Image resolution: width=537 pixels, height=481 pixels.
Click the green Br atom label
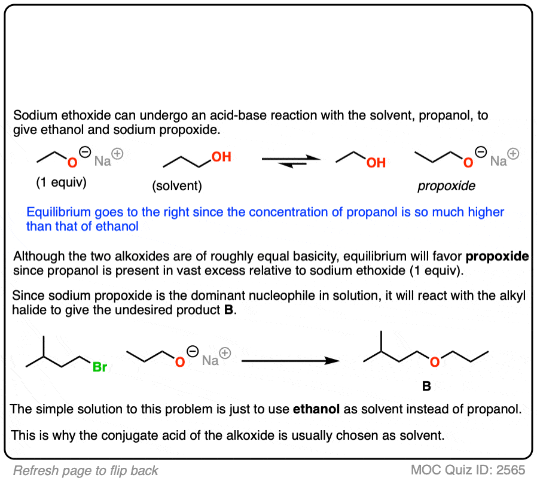coord(100,367)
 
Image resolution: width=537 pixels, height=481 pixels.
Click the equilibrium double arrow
coord(291,162)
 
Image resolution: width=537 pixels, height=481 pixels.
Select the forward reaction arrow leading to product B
coord(291,360)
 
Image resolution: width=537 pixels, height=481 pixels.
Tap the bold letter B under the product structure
coord(426,386)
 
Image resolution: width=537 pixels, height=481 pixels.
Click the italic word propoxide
coord(446,185)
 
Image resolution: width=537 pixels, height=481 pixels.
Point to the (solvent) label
coord(177,185)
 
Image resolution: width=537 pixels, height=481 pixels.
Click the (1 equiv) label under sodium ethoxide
coord(62,182)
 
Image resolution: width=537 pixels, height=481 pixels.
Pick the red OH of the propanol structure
coord(221,157)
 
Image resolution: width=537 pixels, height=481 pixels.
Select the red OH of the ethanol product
coord(376,163)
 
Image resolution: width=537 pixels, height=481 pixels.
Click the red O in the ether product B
coord(435,362)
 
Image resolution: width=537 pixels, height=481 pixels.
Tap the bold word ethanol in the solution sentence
coord(316,409)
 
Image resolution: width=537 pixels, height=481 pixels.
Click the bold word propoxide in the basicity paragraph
coord(497,256)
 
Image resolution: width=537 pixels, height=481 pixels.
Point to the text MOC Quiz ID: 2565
coord(468,470)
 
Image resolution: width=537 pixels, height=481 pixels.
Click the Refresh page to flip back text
coord(86,471)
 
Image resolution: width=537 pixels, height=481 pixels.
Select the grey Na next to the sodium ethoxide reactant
coord(102,161)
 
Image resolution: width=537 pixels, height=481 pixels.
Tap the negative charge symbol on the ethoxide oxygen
coord(85,152)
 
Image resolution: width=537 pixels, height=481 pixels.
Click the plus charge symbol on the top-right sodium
coord(513,154)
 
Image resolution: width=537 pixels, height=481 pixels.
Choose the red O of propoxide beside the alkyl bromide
coord(180,362)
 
